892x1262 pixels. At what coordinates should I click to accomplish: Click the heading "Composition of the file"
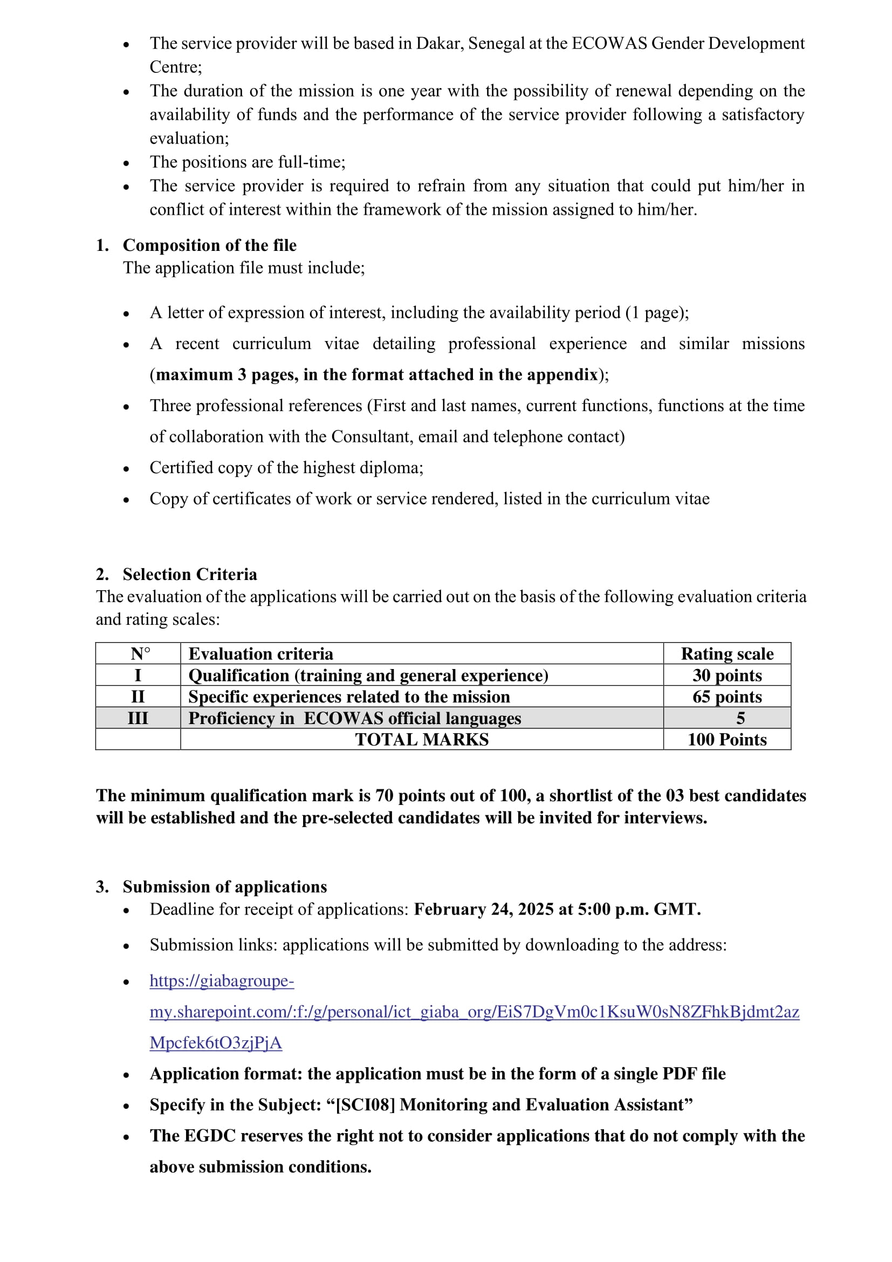tap(209, 245)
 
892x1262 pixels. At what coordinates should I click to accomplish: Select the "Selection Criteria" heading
tap(189, 575)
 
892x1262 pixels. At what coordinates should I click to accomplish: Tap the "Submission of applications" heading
tap(225, 886)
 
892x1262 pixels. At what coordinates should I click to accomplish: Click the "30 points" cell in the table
tap(726, 675)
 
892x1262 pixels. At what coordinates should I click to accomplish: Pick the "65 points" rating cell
tap(726, 697)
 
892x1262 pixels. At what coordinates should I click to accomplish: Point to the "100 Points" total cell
tap(726, 739)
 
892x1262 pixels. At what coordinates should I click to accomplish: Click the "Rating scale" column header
tap(726, 653)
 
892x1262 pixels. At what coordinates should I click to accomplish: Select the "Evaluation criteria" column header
tap(261, 653)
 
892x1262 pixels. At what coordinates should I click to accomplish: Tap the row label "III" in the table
tap(138, 718)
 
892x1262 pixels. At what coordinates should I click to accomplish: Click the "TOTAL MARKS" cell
tap(421, 739)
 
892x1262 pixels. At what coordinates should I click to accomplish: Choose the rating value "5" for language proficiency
tap(740, 718)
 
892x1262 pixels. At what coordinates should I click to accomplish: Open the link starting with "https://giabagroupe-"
tap(222, 980)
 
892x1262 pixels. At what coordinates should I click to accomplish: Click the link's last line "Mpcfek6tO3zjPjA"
tap(216, 1043)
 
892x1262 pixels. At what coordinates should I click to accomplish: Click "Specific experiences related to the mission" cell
tap(349, 697)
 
